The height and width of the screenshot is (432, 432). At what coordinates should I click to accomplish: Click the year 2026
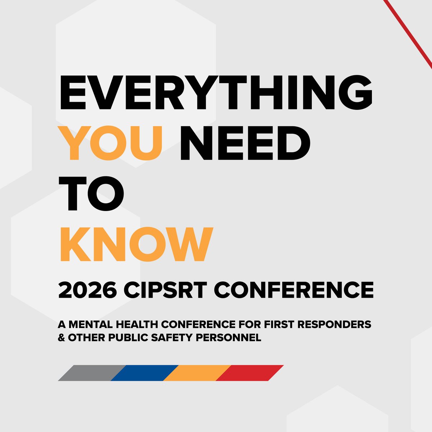[x=87, y=290]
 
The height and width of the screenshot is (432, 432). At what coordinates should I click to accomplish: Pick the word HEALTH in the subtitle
[x=138, y=324]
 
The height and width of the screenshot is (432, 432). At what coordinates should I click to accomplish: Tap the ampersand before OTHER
[x=61, y=338]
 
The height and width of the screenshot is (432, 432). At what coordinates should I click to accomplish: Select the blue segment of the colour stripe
[x=144, y=373]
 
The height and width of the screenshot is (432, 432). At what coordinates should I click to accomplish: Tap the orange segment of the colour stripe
[x=197, y=373]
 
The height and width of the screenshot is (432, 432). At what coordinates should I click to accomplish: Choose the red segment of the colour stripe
[x=250, y=373]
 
